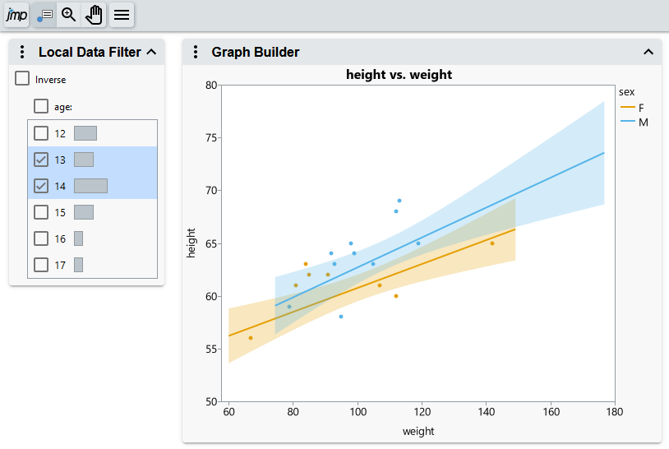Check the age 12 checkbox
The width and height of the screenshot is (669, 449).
pos(41,133)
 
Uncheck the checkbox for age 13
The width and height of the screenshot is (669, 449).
pos(41,160)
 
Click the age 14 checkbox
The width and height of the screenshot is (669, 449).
pos(41,186)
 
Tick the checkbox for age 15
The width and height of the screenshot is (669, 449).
pos(41,212)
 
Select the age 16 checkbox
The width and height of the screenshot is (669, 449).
pos(41,238)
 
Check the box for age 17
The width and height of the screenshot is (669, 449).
pos(41,265)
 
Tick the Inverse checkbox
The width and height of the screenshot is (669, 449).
pos(23,79)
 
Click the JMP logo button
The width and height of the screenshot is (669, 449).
pos(16,15)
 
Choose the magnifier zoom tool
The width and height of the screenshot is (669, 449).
pos(69,15)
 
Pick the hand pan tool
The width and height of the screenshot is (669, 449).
pos(95,15)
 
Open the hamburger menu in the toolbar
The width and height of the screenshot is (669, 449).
pos(122,15)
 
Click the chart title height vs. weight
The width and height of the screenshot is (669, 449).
pos(399,75)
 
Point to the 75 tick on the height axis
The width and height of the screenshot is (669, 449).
pos(210,137)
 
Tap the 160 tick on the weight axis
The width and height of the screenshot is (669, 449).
pos(551,412)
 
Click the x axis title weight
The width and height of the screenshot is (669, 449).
pos(418,431)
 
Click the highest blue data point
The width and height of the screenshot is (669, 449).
pos(399,201)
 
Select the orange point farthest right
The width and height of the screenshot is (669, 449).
pos(492,243)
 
